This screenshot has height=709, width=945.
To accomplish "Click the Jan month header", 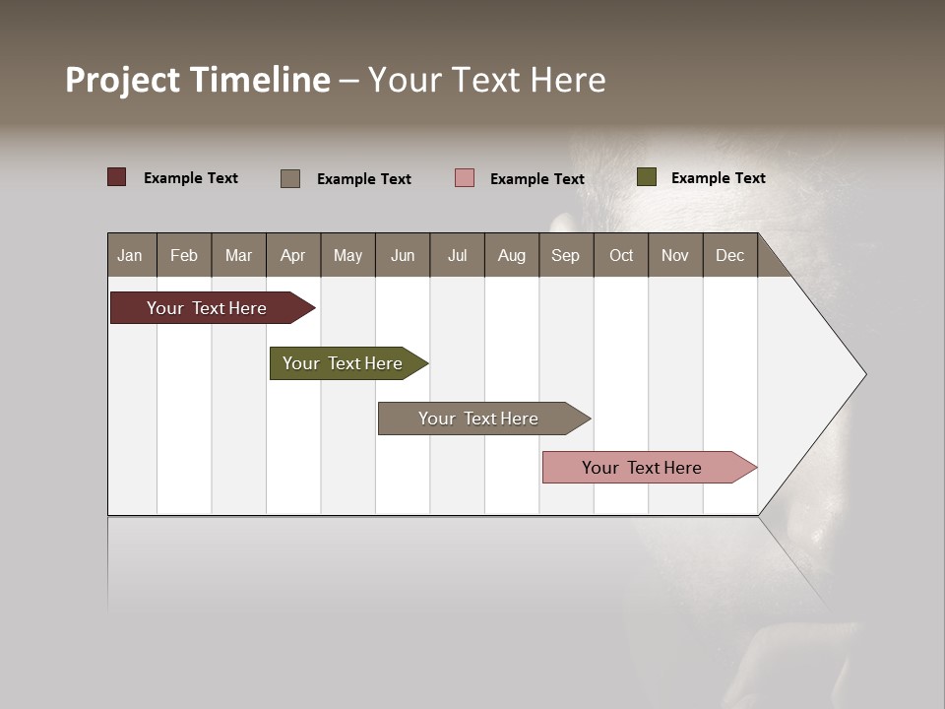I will click(x=131, y=255).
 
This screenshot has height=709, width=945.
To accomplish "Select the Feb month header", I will click(x=184, y=255).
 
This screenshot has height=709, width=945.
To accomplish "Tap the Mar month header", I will click(x=238, y=255).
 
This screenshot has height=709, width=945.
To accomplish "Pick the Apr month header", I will click(x=293, y=255).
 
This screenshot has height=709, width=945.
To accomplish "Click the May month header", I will click(x=347, y=255).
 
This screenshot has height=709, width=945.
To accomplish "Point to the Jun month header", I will click(x=403, y=255).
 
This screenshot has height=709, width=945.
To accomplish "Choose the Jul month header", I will click(x=457, y=255).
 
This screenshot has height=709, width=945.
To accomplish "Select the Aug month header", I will click(x=512, y=255).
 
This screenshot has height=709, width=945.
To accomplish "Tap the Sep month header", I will click(x=566, y=255).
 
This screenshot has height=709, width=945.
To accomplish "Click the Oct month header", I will click(x=621, y=255).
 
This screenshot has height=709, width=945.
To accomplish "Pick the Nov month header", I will click(x=675, y=255).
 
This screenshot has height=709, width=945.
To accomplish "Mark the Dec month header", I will click(x=729, y=255).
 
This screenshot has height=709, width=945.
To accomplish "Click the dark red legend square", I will click(x=117, y=177).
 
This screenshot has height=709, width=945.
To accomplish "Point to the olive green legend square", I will click(x=646, y=177).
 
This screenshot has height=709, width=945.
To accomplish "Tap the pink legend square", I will click(x=465, y=177).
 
